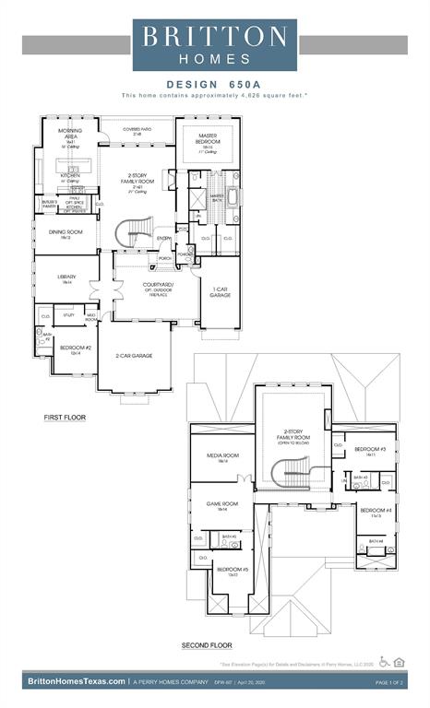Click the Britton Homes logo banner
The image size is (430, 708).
coord(214,45)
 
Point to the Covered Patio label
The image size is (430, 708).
coord(137,131)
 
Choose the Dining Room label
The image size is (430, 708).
coord(66,233)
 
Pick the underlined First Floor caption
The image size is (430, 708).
coord(65,418)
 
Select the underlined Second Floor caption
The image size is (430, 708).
coord(207,645)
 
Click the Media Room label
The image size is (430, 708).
coord(222,456)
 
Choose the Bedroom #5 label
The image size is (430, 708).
coord(227,571)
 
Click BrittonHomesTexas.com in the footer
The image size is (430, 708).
coord(77,681)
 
